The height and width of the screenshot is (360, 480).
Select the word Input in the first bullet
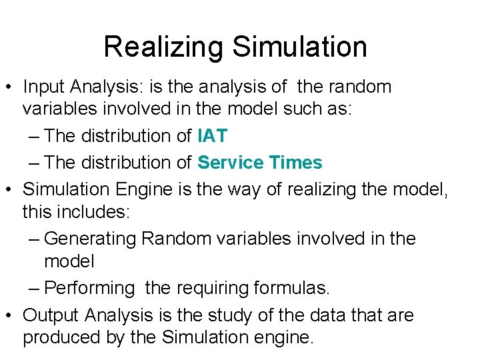[42, 87]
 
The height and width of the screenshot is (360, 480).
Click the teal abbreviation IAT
[213, 136]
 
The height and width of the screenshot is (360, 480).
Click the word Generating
[90, 238]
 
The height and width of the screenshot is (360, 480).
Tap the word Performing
[90, 289]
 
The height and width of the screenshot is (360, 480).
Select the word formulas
[292, 289]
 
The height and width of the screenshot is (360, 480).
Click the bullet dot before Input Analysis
[10, 87]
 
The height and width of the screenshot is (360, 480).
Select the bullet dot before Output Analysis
[10, 315]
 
